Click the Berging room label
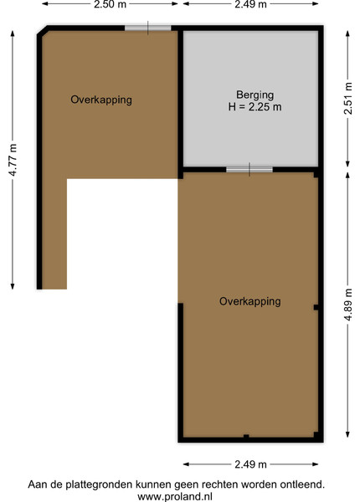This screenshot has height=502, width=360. tap(255, 95)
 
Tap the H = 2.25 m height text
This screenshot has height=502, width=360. tap(255, 106)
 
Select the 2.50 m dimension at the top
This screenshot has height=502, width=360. tap(110, 4)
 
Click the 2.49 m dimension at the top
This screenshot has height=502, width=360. tap(250, 4)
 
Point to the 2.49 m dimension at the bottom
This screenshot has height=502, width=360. tap(250, 464)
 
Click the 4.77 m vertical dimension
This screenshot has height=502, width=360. tap(13, 160)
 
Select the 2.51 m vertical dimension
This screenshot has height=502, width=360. tap(347, 98)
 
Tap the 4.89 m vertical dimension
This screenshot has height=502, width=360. tap(347, 305)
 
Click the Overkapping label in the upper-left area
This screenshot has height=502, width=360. tap(101, 100)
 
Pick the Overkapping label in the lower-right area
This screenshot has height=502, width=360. tap(250, 301)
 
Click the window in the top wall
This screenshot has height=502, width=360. tap(147, 28)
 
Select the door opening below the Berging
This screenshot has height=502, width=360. tap(249, 169)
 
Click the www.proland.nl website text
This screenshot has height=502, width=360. tap(175, 496)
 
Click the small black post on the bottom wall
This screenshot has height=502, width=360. tap(246, 437)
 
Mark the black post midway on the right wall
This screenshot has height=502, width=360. tap(316, 307)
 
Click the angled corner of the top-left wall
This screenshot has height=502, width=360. tap(42, 31)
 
